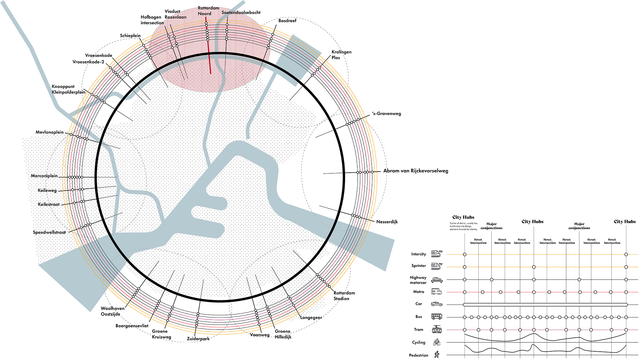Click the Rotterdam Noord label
tap(208, 11)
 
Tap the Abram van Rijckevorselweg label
tap(416, 171)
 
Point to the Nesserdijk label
tap(387, 222)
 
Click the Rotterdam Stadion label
tap(344, 296)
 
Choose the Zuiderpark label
tap(198, 339)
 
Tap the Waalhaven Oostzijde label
tap(112, 311)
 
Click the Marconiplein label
tap(44, 176)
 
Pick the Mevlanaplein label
tap(50, 132)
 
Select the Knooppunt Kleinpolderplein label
tap(68, 89)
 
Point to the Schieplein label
tap(130, 35)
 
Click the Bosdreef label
tap(287, 21)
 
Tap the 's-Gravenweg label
tap(387, 114)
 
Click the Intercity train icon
tap(436, 254)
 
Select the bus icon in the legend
tap(437, 317)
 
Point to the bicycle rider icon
tap(437, 342)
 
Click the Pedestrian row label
tap(419, 355)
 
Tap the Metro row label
tap(419, 292)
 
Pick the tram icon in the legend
tap(437, 329)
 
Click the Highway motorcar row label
tap(418, 280)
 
